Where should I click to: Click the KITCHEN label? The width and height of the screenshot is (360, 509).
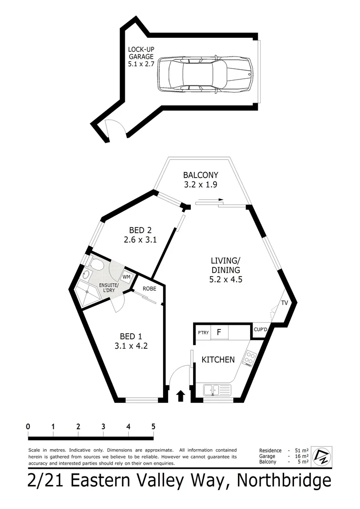(x=218, y=360)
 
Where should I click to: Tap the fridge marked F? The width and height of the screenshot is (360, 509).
(x=219, y=332)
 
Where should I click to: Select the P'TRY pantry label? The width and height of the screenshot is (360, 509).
(x=203, y=333)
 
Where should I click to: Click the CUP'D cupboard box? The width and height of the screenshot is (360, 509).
(x=261, y=330)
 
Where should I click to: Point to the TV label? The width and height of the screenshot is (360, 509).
(x=285, y=303)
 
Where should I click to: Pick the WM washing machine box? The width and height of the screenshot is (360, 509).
(x=126, y=277)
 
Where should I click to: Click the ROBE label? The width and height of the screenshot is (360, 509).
(x=149, y=288)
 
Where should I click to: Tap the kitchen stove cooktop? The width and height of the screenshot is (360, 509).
(x=249, y=359)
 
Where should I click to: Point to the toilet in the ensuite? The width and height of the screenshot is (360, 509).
(x=97, y=265)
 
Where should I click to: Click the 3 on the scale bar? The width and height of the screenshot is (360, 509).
(x=103, y=426)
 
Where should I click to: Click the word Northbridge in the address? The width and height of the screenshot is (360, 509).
(x=284, y=481)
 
